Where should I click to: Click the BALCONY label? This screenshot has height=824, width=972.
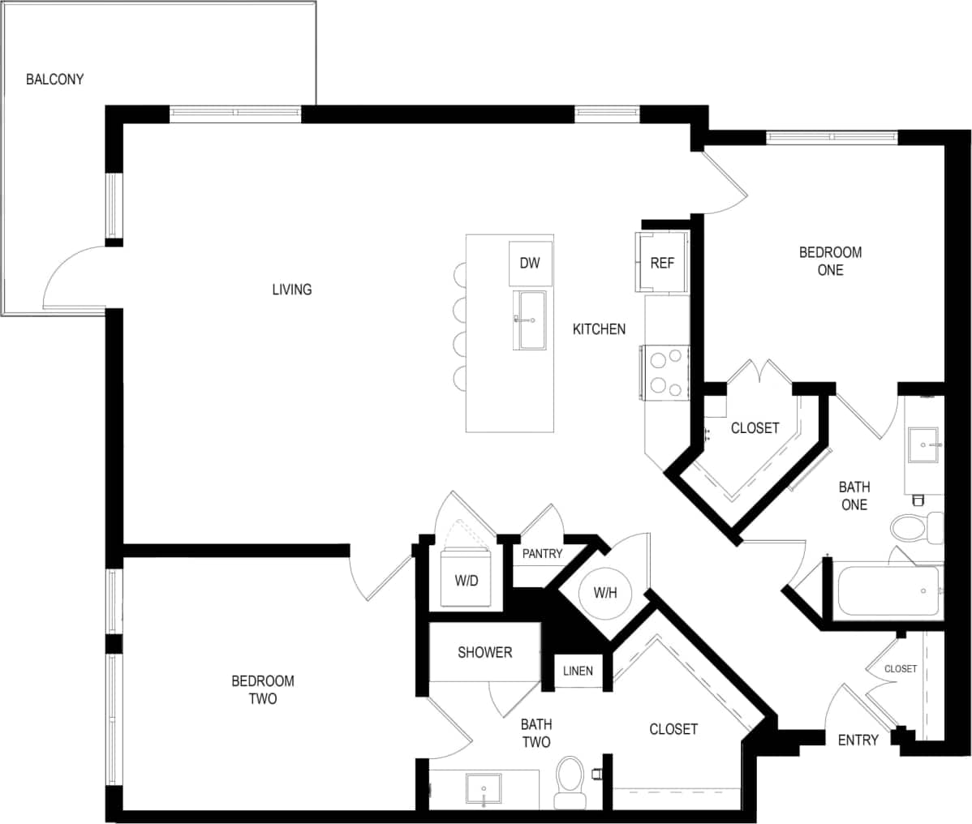coord(54,79)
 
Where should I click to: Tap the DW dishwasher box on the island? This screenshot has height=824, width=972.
coord(530,263)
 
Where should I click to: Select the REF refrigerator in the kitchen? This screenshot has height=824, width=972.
coord(662,263)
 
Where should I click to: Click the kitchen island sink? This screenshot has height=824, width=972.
coord(532,320)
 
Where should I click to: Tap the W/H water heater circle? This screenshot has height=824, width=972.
coord(605,593)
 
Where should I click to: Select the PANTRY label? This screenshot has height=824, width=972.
coord(542,554)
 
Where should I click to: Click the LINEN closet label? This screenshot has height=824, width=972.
coord(578,671)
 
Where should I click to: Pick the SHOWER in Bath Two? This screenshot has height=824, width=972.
coord(484,653)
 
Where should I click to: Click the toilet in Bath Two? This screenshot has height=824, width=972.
coord(570,781)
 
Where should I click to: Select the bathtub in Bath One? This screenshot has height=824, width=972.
coord(888,591)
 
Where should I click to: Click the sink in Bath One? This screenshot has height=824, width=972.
coord(923,444)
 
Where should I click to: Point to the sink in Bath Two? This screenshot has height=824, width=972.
coord(483,788)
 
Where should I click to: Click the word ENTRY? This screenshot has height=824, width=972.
coord(858,740)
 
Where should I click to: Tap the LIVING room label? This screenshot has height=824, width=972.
coord(291,290)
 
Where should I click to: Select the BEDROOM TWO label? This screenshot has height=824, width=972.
coord(262,689)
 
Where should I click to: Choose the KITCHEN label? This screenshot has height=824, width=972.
coord(599,329)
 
